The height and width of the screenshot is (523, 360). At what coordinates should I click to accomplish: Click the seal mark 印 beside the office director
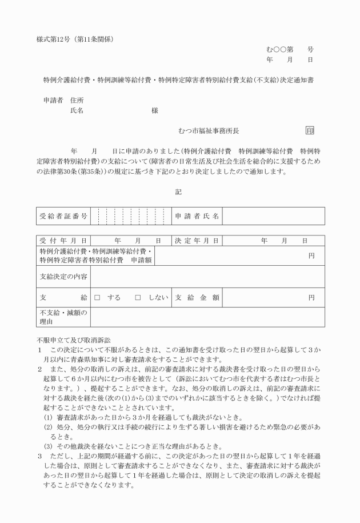[x=310, y=130]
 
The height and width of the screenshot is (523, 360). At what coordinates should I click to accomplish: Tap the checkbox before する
[x=97, y=297]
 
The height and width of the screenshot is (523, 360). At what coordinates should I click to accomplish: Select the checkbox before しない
[x=138, y=297]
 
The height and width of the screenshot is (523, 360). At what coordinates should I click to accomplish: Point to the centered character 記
[x=178, y=191]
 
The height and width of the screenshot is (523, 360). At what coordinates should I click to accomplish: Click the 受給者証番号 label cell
[x=63, y=216]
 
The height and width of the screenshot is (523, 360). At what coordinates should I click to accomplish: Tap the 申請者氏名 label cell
[x=197, y=216]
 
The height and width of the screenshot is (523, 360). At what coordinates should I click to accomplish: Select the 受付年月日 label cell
[x=63, y=241]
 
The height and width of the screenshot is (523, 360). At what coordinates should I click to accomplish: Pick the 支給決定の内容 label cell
[x=63, y=277]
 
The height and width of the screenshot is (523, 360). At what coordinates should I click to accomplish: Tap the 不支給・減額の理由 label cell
[x=63, y=317]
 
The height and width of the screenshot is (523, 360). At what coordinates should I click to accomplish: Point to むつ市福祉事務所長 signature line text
[x=212, y=131]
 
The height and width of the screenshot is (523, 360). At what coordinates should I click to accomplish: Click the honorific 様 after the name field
[x=155, y=110]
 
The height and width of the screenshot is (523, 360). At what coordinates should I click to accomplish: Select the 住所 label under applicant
[x=77, y=100]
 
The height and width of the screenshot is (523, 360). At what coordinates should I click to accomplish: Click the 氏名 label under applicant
[x=77, y=110]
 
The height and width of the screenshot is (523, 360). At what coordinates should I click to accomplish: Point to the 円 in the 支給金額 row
[x=311, y=297]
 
